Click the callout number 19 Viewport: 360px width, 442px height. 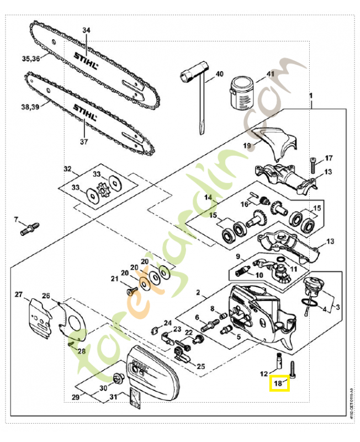[247, 145]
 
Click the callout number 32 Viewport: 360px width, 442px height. [67, 169]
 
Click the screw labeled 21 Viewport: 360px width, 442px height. [130, 290]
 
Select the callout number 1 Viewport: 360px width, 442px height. [311, 96]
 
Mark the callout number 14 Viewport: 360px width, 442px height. [208, 197]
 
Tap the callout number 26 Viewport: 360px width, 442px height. [46, 296]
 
